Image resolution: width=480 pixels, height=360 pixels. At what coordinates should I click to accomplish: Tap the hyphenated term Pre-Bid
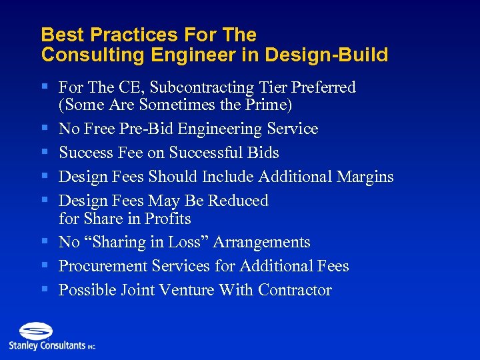coord(177,129)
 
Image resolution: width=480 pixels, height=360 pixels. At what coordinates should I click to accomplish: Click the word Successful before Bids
coord(206,153)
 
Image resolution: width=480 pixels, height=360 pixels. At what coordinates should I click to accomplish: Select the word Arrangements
coord(262,243)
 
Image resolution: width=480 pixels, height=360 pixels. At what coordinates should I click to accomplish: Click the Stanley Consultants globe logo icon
coord(35,331)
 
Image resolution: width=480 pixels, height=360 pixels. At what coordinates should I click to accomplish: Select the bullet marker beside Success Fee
coord(45,153)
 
